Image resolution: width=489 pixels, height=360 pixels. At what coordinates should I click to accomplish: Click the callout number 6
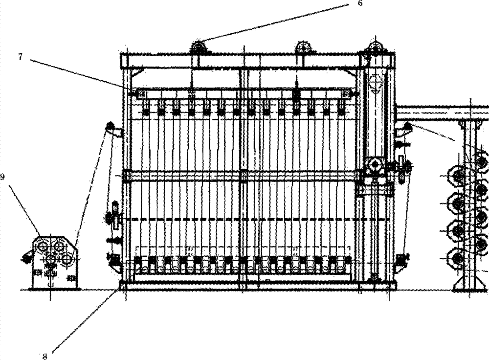[x=360, y=3]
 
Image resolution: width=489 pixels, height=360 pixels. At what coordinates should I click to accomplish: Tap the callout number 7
[x=21, y=57]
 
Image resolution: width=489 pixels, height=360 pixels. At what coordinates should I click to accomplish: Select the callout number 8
[x=44, y=356]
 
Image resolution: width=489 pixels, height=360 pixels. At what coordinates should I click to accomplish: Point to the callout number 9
[x=2, y=177]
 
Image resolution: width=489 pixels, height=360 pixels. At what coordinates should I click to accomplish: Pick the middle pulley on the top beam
[x=303, y=47]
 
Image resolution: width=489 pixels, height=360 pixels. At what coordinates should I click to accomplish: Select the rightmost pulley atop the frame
[x=376, y=47]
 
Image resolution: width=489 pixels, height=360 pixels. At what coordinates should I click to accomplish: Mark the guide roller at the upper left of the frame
[x=110, y=126]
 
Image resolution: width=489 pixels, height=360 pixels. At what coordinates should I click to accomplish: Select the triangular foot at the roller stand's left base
[x=458, y=285]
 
